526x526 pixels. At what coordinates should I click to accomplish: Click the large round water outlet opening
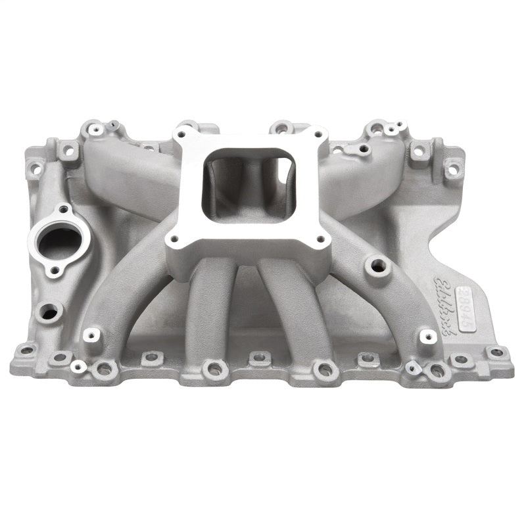tap(57, 242)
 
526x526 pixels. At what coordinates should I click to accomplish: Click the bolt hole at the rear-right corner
tap(452, 170)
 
